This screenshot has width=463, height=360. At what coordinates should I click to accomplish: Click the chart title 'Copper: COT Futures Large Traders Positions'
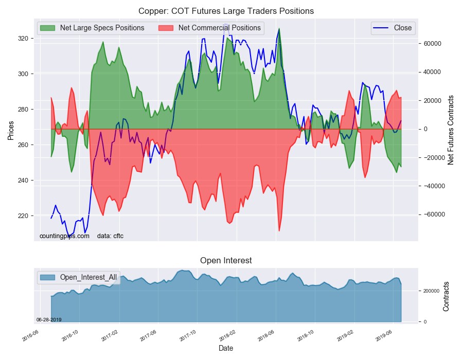(226, 11)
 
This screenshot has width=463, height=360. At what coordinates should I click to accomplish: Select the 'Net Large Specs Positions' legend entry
(92, 28)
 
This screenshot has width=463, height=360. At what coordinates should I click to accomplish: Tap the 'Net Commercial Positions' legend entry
(210, 28)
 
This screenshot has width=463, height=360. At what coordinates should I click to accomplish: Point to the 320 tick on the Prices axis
(23, 39)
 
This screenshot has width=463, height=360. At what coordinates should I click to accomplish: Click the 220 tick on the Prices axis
(23, 215)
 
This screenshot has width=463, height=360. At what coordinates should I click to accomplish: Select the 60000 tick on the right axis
(432, 44)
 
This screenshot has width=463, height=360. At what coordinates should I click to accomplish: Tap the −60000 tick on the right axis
(432, 214)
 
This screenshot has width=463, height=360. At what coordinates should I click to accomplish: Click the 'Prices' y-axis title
(11, 131)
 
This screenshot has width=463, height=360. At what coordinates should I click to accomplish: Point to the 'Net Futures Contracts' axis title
(451, 130)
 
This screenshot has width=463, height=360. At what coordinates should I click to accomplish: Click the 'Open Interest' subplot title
(226, 261)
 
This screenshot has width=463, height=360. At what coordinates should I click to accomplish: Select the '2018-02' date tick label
(228, 336)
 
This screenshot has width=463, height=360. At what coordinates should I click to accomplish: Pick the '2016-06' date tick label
(31, 336)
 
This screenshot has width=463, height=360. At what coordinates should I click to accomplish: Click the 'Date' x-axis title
(226, 348)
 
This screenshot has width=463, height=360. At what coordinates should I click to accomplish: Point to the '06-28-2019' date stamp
(49, 319)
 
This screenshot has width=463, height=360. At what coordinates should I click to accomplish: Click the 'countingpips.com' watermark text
(64, 236)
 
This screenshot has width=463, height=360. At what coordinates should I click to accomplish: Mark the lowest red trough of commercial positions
(279, 231)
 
